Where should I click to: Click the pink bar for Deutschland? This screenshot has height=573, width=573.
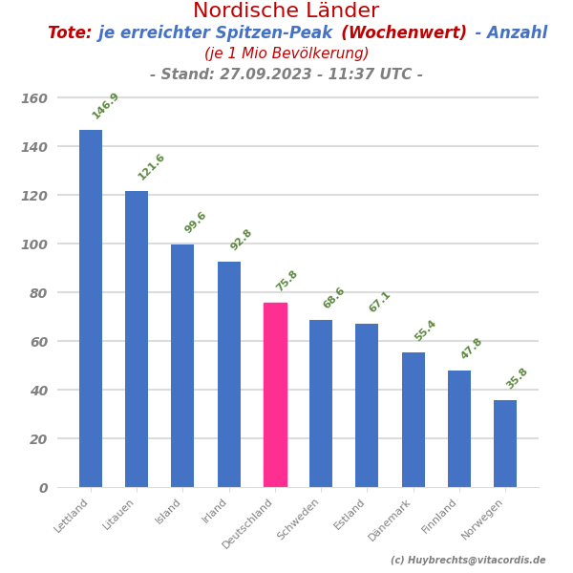[275, 394]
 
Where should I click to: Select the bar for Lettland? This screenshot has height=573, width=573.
[91, 308]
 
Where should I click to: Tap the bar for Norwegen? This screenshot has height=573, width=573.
[505, 443]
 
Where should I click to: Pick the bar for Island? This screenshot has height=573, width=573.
[182, 366]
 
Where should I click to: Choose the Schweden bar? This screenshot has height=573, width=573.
[321, 403]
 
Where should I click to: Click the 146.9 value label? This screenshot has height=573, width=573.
[105, 106]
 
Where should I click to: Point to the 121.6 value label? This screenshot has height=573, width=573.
[151, 167]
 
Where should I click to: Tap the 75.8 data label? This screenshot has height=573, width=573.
[286, 281]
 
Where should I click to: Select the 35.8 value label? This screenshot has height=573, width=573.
[517, 378]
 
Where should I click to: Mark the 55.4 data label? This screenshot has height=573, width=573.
[425, 330]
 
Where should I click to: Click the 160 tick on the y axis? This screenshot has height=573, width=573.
[34, 98]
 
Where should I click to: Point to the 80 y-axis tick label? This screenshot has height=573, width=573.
[37, 293]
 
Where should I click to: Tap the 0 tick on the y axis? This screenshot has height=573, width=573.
[43, 488]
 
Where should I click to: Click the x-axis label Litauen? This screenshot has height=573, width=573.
[120, 514]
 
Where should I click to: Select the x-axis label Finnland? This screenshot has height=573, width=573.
[440, 516]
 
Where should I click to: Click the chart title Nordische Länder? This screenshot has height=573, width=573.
[286, 11]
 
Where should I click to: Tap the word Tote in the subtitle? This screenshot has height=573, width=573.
[69, 33]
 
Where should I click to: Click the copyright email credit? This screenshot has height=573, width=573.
[468, 561]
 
